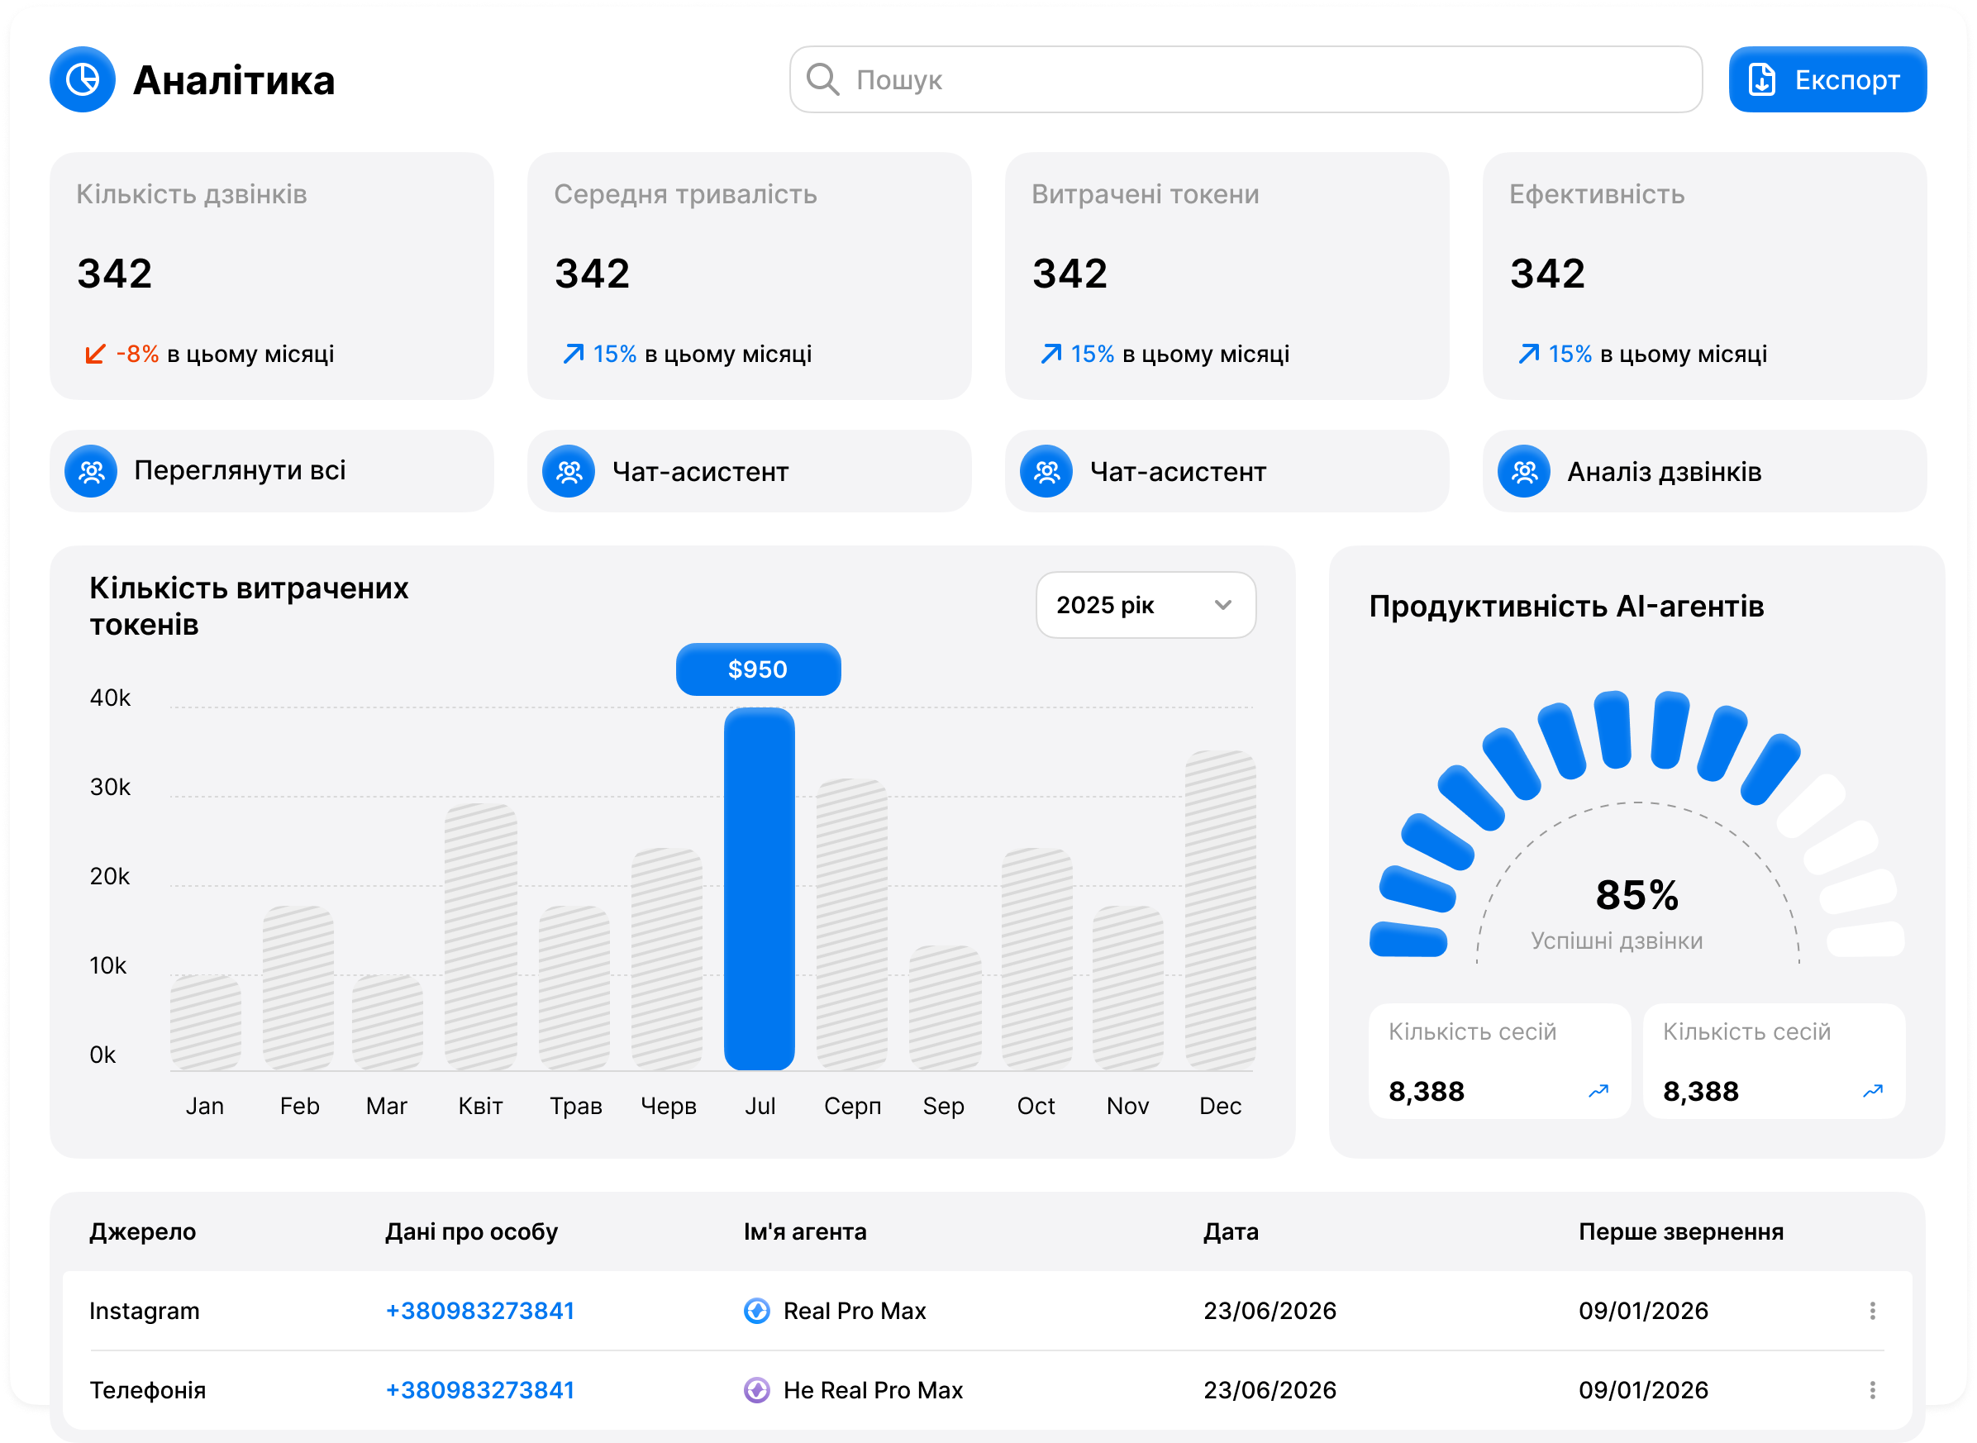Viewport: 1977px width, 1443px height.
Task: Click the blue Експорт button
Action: [x=1827, y=79]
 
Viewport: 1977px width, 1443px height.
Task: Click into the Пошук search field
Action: [x=1245, y=79]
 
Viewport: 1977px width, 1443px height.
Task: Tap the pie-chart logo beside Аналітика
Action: [x=83, y=79]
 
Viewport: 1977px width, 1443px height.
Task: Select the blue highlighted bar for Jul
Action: [x=760, y=888]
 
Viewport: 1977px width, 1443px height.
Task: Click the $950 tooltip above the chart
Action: [x=758, y=669]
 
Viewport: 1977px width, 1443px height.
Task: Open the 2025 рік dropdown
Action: [x=1146, y=604]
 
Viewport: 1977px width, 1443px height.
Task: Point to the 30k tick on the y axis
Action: [x=110, y=787]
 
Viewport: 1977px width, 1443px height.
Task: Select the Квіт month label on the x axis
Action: [x=480, y=1106]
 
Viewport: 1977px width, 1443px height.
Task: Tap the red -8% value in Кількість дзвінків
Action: [x=137, y=354]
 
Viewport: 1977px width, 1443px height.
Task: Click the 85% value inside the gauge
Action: [x=1636, y=894]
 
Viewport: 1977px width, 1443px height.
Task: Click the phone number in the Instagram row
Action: [x=479, y=1310]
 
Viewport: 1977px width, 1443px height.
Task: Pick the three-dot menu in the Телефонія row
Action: [x=1872, y=1390]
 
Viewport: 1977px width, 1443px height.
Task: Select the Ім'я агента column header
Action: [x=805, y=1231]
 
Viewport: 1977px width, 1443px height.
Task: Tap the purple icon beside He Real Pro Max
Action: [x=756, y=1390]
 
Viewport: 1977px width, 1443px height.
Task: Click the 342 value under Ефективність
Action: [x=1547, y=274]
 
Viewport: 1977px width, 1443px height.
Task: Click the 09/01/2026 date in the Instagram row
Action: [x=1642, y=1310]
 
